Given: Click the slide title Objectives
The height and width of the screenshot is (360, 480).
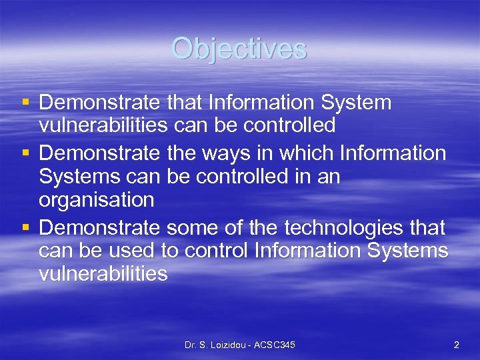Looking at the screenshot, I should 239,49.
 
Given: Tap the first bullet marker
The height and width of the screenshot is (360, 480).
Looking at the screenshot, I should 25,103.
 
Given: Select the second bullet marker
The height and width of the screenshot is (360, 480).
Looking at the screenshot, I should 25,154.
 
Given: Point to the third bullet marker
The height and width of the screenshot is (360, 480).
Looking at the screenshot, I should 25,229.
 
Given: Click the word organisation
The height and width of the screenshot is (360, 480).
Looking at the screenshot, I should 97,200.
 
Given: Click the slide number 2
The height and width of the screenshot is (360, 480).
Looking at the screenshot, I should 456,345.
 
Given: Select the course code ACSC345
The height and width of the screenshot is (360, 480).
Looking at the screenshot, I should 273,345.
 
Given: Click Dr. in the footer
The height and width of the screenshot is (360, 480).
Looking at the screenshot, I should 192,345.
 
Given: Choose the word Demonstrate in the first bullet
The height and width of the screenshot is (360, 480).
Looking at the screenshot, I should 99,103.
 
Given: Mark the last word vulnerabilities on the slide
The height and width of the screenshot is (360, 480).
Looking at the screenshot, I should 103,273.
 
